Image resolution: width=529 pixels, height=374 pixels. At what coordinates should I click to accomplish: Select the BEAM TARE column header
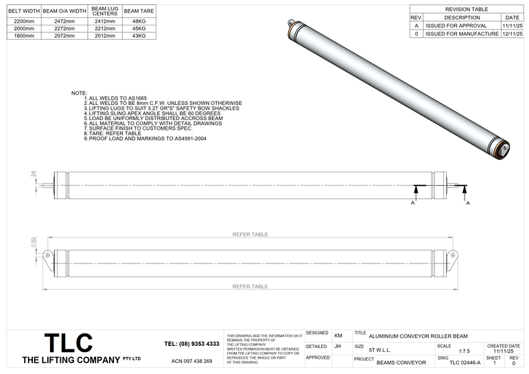139,12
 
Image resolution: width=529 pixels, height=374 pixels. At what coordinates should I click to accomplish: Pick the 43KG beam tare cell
139,35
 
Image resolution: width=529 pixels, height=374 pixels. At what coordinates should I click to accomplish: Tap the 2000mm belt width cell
21,28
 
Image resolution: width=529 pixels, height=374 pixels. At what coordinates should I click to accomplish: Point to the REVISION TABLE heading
467,10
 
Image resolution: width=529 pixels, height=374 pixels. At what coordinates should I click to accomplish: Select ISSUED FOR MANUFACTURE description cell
461,32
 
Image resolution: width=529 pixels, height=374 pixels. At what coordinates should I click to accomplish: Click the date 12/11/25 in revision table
511,32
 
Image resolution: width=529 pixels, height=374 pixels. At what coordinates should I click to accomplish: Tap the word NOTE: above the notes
79,92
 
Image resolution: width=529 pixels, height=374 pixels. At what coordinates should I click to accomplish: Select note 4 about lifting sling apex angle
152,113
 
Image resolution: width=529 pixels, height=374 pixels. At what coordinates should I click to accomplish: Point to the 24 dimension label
33,175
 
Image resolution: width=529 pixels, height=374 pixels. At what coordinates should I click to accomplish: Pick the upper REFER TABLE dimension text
250,234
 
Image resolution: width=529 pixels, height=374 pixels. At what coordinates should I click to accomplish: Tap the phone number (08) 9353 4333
192,343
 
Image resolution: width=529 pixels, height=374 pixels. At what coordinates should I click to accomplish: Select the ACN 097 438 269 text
191,361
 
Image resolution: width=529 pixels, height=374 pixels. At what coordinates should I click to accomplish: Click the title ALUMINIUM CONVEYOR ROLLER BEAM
418,336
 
